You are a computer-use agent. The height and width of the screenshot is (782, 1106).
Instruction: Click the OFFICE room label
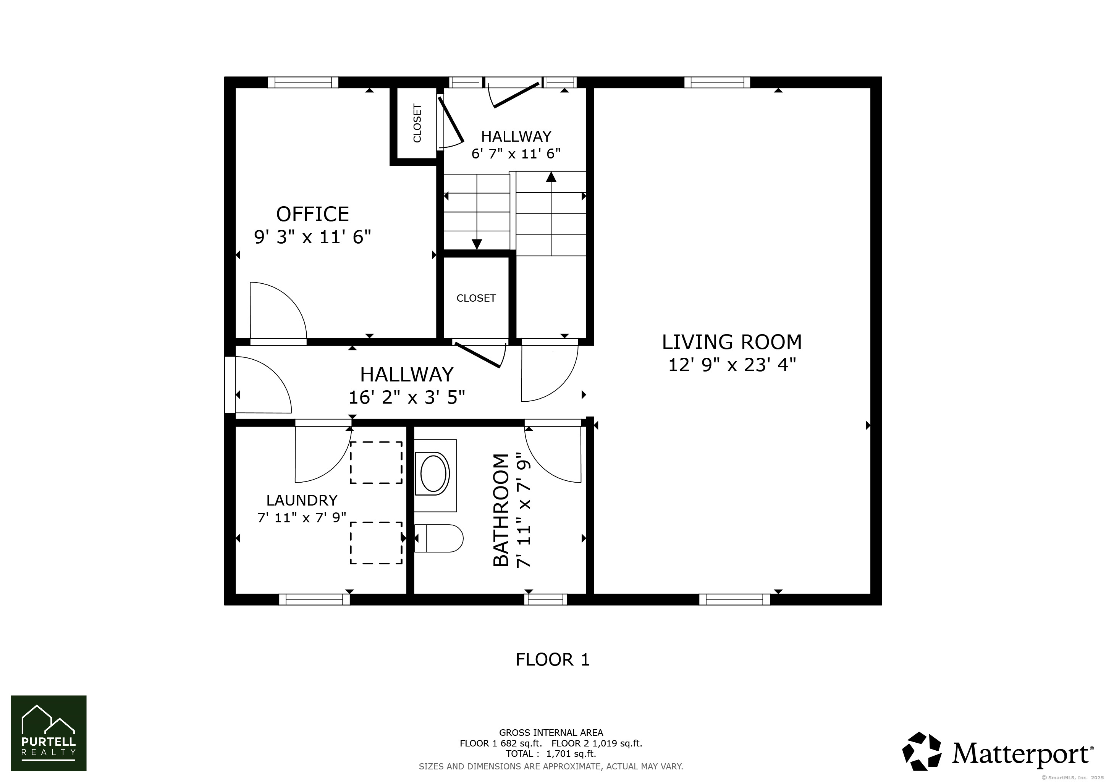(x=313, y=214)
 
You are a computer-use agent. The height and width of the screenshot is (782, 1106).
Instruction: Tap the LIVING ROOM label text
(x=732, y=342)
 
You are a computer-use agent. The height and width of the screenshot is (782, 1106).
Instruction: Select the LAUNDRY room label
(x=302, y=500)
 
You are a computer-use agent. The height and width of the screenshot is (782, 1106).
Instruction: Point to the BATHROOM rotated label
(x=501, y=510)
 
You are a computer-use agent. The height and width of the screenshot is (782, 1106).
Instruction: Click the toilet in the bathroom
(x=438, y=538)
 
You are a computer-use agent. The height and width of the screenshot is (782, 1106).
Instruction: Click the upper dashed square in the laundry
(x=376, y=462)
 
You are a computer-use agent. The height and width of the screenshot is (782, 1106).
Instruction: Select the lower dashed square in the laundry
(x=376, y=543)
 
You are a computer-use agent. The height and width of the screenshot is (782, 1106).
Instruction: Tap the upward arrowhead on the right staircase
(x=551, y=177)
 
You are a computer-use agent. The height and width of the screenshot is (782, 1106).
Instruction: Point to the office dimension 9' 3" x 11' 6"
(x=313, y=237)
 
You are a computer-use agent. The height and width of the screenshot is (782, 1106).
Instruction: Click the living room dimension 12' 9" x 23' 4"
(x=732, y=365)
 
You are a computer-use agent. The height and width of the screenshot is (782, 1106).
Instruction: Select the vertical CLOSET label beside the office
(x=417, y=123)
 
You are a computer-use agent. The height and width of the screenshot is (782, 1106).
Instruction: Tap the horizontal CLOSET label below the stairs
(x=476, y=299)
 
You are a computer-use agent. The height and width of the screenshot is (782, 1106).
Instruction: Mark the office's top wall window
(x=303, y=82)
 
